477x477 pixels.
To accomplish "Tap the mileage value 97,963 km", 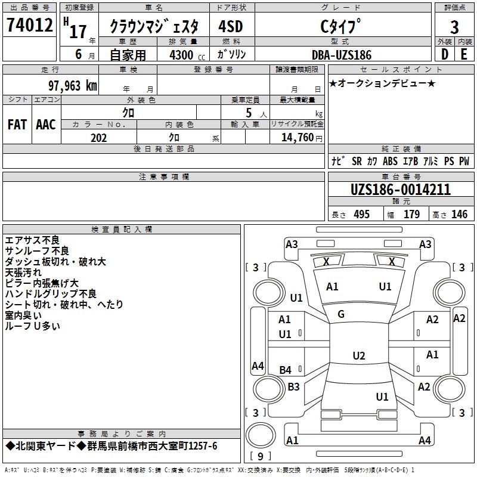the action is (x=73, y=85).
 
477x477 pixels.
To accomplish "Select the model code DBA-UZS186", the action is (x=342, y=55).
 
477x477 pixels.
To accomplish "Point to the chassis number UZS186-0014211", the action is (x=400, y=190).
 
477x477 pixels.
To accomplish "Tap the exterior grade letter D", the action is (x=444, y=54).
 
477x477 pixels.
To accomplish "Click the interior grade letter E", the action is (x=464, y=54).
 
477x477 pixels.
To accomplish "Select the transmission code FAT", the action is (x=17, y=125).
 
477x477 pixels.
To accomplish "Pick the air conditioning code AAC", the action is (x=46, y=125).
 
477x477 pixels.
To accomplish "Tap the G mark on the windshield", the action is (x=341, y=314).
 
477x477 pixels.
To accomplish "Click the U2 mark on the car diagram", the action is (x=358, y=356).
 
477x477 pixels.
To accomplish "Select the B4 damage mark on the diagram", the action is (x=286, y=370).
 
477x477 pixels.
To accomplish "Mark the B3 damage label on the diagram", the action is (x=293, y=387).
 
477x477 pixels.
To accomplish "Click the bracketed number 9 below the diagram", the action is (x=259, y=456).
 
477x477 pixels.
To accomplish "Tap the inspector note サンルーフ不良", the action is (x=37, y=251).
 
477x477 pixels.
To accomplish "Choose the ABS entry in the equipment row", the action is (x=390, y=161).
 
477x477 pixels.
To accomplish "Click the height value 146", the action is (x=459, y=215).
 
